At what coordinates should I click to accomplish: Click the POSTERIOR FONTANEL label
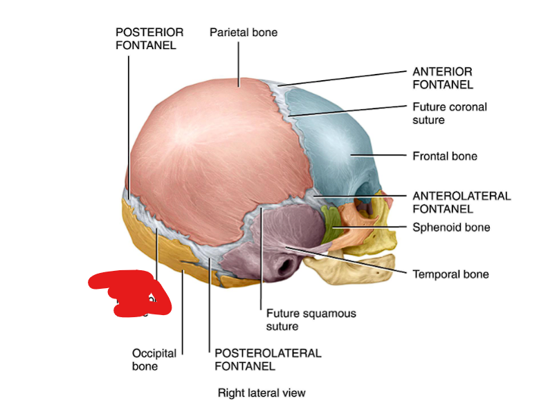coord(149,39)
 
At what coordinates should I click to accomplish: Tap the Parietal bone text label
coord(243,32)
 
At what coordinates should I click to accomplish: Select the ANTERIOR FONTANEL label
coord(442,78)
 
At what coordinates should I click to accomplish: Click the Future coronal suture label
coord(449,113)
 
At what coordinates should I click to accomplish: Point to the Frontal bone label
coord(444,156)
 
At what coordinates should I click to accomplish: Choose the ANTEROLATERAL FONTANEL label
coord(461,202)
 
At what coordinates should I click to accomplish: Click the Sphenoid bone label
coord(450,227)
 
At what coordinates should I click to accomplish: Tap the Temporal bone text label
coord(450,274)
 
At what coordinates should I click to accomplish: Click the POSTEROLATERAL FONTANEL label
coord(268,359)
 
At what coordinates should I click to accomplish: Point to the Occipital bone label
coord(154,359)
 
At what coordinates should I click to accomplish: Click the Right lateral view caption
coord(262,393)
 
